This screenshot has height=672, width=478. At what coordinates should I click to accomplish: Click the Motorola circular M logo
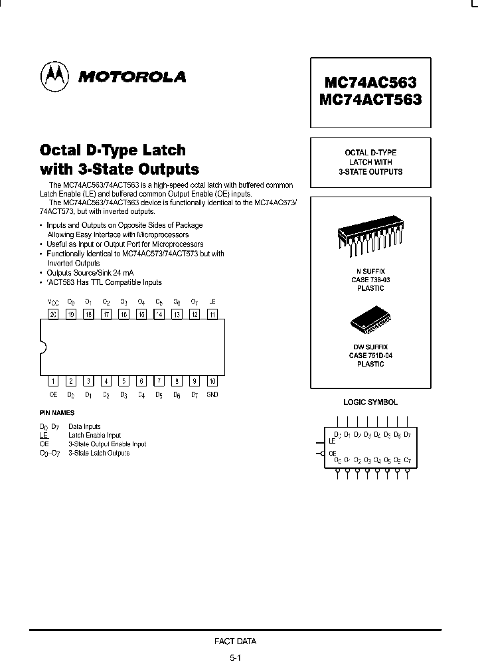[55, 77]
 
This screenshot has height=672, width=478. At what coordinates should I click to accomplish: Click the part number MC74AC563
[370, 83]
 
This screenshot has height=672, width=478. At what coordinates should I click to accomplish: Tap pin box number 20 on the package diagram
[53, 315]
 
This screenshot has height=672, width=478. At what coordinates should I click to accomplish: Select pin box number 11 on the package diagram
[212, 315]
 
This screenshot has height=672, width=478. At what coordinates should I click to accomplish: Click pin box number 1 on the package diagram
[53, 381]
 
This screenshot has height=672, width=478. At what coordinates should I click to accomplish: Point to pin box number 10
[212, 381]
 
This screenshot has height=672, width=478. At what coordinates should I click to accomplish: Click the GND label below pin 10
[212, 395]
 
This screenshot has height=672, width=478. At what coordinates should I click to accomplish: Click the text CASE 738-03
[370, 280]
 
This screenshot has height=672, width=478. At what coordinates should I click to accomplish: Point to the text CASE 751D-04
[370, 356]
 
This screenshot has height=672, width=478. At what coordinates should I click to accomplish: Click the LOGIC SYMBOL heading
[370, 402]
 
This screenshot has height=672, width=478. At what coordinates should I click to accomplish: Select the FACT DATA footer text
[235, 641]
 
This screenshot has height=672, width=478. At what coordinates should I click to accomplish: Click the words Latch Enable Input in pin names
[94, 436]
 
